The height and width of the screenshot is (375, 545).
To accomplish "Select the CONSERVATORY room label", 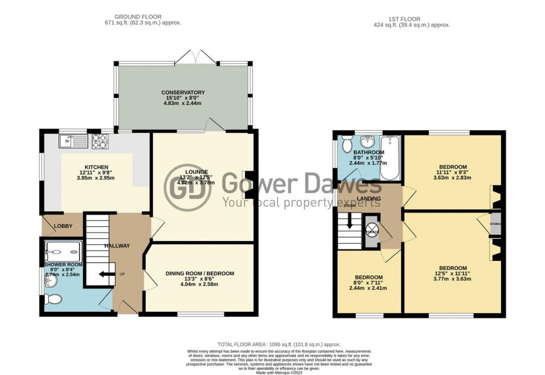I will (x=183, y=92).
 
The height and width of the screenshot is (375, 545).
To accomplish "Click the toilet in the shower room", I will (x=54, y=299).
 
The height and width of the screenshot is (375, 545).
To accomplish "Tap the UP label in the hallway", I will (x=122, y=274).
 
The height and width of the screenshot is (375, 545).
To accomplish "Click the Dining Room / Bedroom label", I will (x=200, y=274).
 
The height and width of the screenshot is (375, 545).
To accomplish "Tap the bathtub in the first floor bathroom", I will (x=391, y=158).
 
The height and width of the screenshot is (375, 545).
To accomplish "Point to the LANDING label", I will (x=369, y=199).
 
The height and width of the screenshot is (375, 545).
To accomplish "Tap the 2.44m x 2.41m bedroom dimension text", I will (x=368, y=288).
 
